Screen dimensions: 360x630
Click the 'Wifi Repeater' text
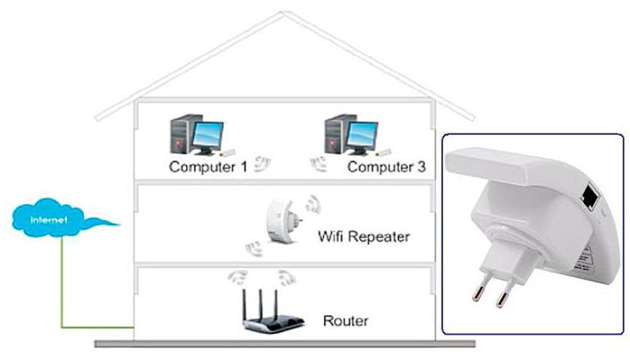point(364,237)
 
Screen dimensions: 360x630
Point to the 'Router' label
point(345,321)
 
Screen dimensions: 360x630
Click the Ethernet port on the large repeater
point(589,198)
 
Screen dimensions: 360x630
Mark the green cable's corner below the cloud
point(63,328)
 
